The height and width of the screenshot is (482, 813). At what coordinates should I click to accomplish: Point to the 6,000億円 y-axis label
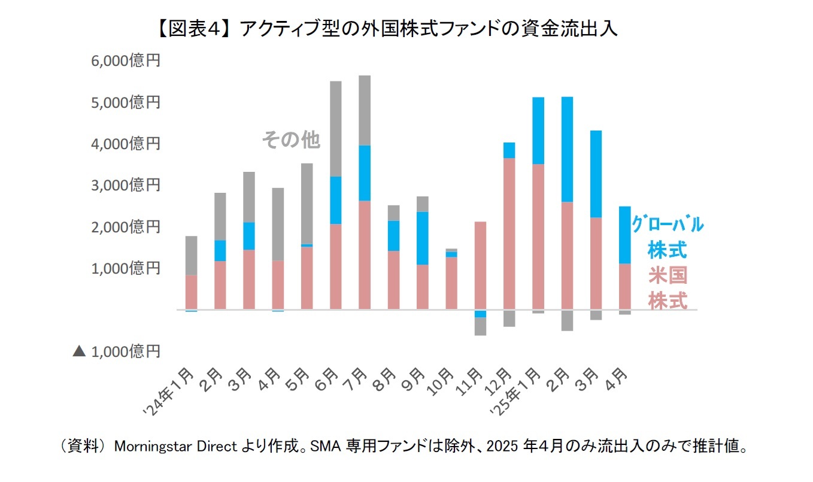pyautogui.click(x=125, y=61)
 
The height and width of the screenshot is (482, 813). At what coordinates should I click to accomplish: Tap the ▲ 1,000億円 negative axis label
pyautogui.click(x=117, y=351)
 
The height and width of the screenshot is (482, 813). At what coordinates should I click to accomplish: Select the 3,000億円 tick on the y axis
pyautogui.click(x=125, y=186)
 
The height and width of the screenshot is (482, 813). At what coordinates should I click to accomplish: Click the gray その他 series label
pyautogui.click(x=291, y=140)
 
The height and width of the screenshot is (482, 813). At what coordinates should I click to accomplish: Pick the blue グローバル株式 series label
pyautogui.click(x=668, y=236)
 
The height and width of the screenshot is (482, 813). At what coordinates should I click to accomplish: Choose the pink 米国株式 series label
pyautogui.click(x=667, y=288)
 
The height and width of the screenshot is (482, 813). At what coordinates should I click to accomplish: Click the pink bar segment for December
pyautogui.click(x=509, y=234)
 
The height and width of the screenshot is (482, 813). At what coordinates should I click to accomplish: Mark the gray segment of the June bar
pyautogui.click(x=336, y=129)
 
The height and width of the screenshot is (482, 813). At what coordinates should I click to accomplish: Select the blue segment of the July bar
pyautogui.click(x=365, y=173)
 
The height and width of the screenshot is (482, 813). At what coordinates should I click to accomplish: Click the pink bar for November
pyautogui.click(x=480, y=265)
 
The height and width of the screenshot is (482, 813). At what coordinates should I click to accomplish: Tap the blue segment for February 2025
pyautogui.click(x=567, y=149)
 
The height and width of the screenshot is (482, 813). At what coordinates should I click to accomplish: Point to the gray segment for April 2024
pyautogui.click(x=278, y=224)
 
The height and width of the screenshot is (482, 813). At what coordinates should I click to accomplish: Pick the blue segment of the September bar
pyautogui.click(x=422, y=238)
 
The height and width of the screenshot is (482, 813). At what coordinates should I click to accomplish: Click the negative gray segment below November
pyautogui.click(x=480, y=326)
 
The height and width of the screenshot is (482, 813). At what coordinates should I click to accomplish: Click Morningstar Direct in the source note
pyautogui.click(x=176, y=446)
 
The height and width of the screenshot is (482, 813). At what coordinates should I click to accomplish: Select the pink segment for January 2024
pyautogui.click(x=191, y=292)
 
